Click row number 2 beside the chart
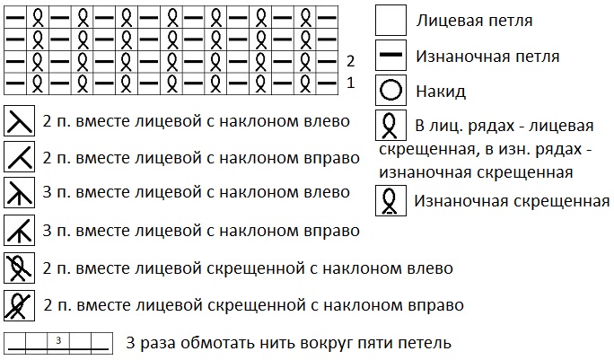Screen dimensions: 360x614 pyautogui.click(x=351, y=61)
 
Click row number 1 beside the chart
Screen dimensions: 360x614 pyautogui.click(x=351, y=82)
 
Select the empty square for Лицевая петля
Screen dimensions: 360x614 pyautogui.click(x=390, y=19)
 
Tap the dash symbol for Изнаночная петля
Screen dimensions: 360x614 pyautogui.click(x=390, y=56)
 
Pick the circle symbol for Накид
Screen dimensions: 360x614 pyautogui.click(x=390, y=91)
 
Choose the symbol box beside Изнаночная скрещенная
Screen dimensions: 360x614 pyautogui.click(x=390, y=200)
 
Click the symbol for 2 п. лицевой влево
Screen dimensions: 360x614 pyautogui.click(x=19, y=121)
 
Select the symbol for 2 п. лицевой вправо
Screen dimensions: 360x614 pyautogui.click(x=19, y=158)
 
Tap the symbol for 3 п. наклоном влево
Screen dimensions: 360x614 pyautogui.click(x=19, y=194)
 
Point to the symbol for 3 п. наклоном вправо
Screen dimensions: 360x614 pyautogui.click(x=19, y=231)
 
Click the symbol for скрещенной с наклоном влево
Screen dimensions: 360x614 pyautogui.click(x=19, y=268)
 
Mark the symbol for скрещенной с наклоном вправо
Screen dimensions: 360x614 pyautogui.click(x=19, y=304)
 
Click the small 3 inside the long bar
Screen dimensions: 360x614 pyautogui.click(x=57, y=340)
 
